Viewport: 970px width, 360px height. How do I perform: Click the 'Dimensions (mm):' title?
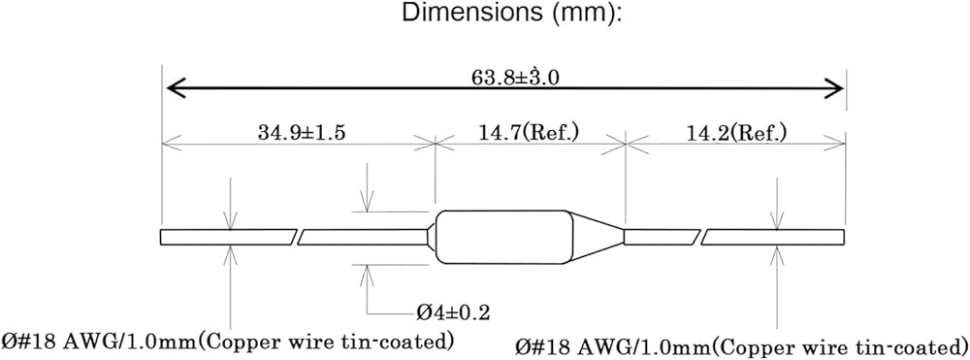pyautogui.click(x=511, y=13)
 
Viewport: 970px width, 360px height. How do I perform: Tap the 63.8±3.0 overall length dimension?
pyautogui.click(x=505, y=78)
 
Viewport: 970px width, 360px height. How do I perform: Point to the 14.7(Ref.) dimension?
pyautogui.click(x=530, y=132)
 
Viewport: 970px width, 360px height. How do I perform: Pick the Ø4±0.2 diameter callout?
pyautogui.click(x=453, y=312)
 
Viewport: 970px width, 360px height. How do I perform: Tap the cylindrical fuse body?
pyautogui.click(x=503, y=237)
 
